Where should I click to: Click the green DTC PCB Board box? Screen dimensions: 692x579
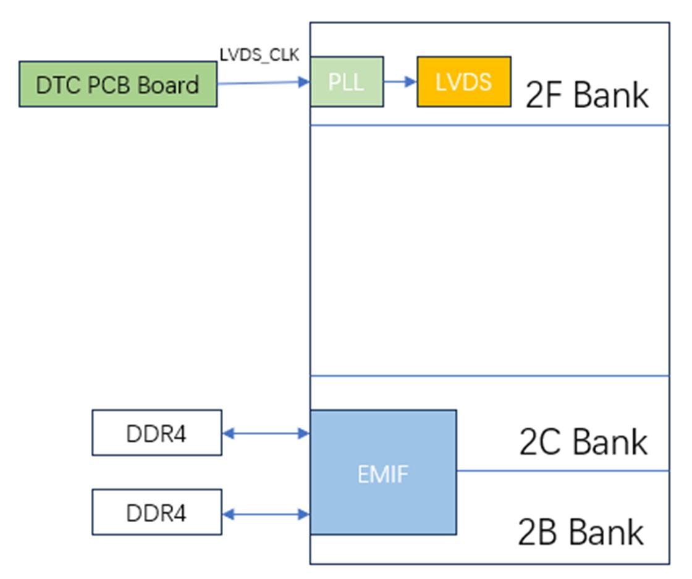pyautogui.click(x=118, y=84)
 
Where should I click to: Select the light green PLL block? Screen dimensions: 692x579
pyautogui.click(x=347, y=82)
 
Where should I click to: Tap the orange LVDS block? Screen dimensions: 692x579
pyautogui.click(x=464, y=82)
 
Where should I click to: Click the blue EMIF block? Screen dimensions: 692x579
pyautogui.click(x=383, y=472)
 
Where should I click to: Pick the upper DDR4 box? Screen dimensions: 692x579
pyautogui.click(x=157, y=433)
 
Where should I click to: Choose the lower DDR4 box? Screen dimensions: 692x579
pyautogui.click(x=157, y=512)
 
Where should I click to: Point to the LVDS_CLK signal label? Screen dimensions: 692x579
pyautogui.click(x=259, y=55)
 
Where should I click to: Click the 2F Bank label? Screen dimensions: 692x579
pyautogui.click(x=587, y=95)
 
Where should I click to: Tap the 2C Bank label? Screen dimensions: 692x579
pyautogui.click(x=583, y=441)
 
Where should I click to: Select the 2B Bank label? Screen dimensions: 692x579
pyautogui.click(x=581, y=532)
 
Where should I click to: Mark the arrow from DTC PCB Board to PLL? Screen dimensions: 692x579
pyautogui.click(x=263, y=83)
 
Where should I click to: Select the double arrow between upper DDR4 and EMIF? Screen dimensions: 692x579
pyautogui.click(x=266, y=433)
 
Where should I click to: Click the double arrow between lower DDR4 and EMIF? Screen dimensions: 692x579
pyautogui.click(x=266, y=514)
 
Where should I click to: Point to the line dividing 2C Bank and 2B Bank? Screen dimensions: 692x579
pyautogui.click(x=563, y=471)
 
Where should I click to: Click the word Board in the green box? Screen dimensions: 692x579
pyautogui.click(x=168, y=85)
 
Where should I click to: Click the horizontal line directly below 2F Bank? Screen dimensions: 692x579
pyautogui.click(x=490, y=126)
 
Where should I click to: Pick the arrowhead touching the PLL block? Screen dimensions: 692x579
pyautogui.click(x=305, y=82)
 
